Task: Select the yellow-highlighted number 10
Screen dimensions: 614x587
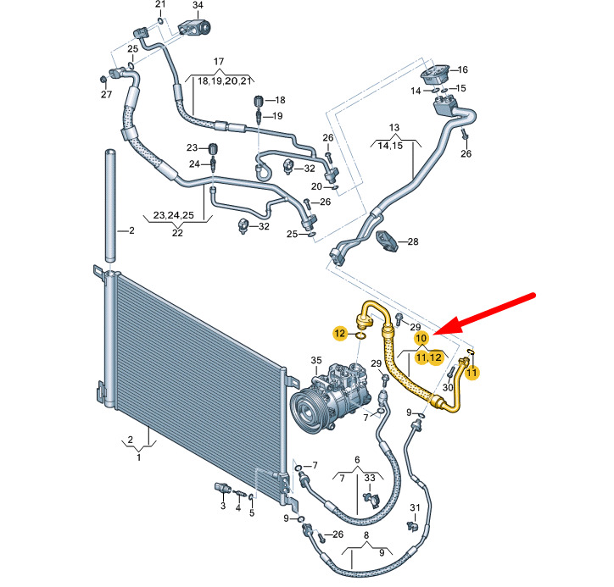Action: tap(421, 338)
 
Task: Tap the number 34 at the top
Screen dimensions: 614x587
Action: tap(198, 5)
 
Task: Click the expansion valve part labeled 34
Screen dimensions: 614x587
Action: tap(194, 27)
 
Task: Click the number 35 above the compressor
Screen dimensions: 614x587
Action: tap(316, 360)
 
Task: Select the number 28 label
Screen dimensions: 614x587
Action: tap(413, 241)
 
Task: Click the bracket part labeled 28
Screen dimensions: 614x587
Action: tap(388, 241)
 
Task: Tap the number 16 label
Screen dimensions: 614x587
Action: tap(462, 69)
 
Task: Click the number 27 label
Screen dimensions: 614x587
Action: tap(107, 94)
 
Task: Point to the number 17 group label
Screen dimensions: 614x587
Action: tap(219, 61)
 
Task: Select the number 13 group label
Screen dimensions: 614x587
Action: tap(394, 128)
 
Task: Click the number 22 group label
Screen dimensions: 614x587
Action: tap(177, 233)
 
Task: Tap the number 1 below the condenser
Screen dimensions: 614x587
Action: tap(138, 457)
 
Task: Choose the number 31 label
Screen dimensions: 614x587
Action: tap(415, 507)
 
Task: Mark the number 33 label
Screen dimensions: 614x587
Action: tap(370, 478)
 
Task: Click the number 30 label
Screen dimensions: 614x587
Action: tap(448, 388)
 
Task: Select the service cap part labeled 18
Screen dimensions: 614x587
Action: tap(258, 101)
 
